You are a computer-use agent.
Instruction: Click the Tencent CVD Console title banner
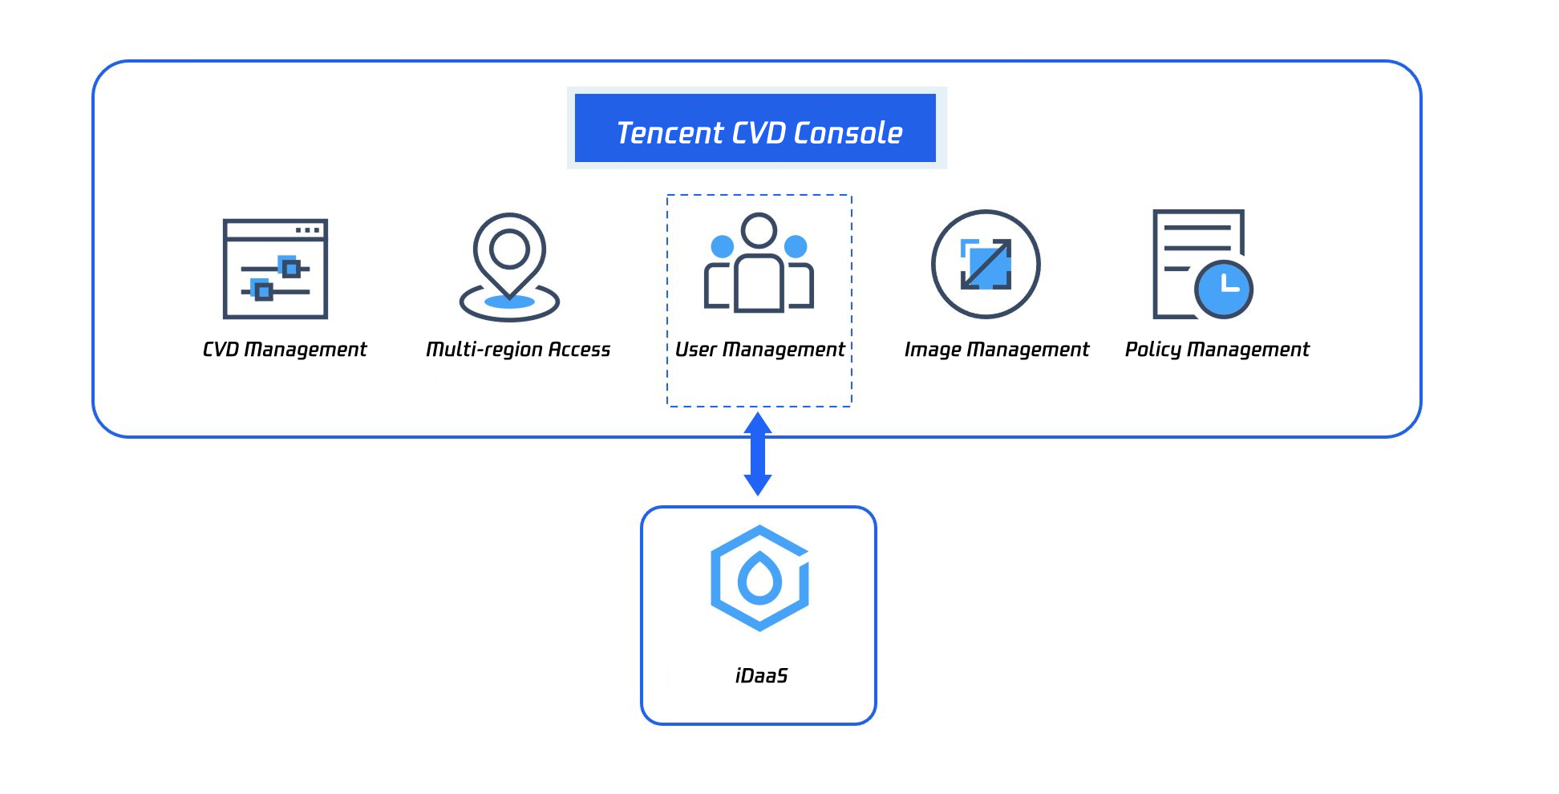755,128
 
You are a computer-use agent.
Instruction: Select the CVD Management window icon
275,269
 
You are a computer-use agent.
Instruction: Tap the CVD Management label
285,350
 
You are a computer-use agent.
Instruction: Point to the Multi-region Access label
518,350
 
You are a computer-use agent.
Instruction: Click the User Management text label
759,350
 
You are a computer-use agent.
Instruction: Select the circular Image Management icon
986,264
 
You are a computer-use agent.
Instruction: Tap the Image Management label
997,350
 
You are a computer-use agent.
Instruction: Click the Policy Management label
1217,350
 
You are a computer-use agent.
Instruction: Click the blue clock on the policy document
1224,289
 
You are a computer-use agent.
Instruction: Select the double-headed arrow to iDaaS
758,454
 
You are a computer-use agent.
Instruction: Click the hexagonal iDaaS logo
759,577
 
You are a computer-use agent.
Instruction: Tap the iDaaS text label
761,676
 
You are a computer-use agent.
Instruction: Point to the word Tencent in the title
670,133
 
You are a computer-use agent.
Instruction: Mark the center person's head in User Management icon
759,230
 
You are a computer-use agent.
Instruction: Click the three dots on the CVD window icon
308,230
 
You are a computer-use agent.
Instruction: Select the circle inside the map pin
509,249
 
